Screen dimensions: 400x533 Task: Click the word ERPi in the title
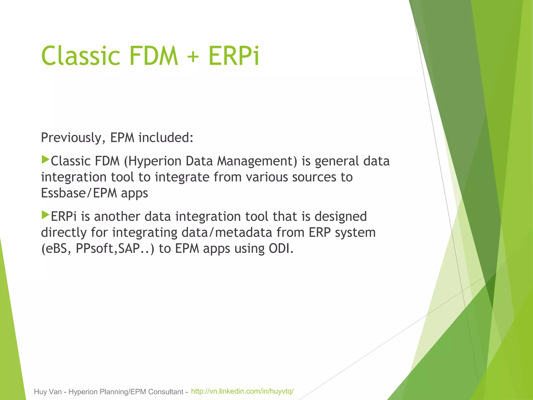click(x=234, y=56)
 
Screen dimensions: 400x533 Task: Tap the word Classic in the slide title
click(x=81, y=56)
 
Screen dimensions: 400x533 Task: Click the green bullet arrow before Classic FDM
click(x=45, y=160)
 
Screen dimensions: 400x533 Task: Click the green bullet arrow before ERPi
click(x=45, y=215)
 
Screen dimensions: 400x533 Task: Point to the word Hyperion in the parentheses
click(x=155, y=161)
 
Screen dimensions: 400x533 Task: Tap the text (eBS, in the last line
click(x=56, y=249)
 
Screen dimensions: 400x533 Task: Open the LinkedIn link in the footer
click(x=242, y=391)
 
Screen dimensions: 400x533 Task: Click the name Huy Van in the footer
click(x=48, y=392)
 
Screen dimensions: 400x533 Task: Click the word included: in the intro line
click(x=166, y=138)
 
